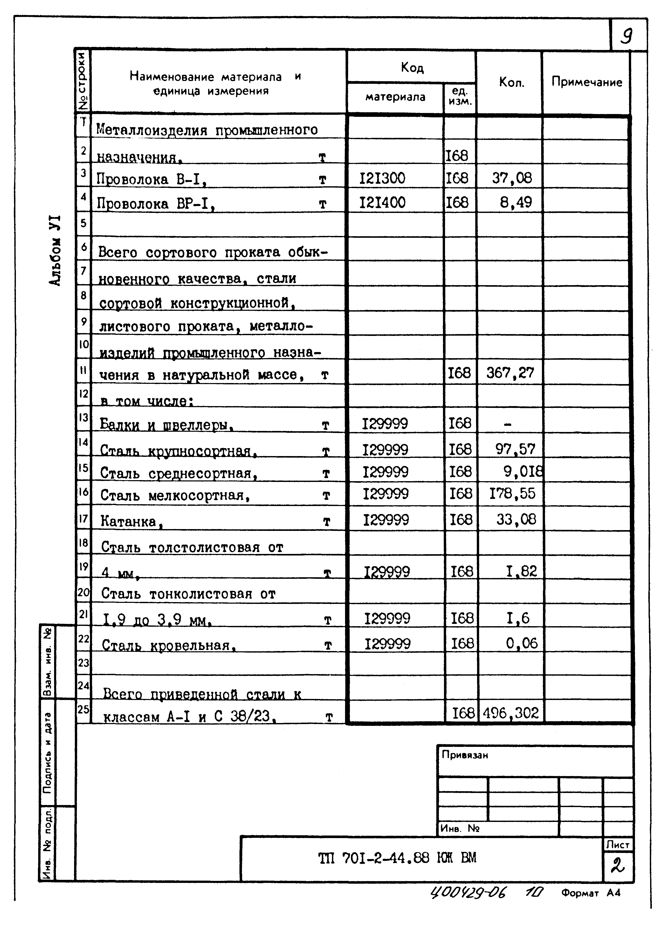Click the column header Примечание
point(587,82)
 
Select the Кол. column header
point(511,82)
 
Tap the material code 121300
point(382,178)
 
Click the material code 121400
point(382,202)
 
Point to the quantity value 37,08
point(512,178)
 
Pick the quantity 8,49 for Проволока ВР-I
point(516,202)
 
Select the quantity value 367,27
point(510,373)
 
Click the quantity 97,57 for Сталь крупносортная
point(515,449)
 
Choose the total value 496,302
point(511,713)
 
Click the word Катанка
point(129,521)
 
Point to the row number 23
point(83,663)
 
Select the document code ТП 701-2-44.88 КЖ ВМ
point(397,858)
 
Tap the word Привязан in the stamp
point(465,755)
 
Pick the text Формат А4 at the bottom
point(591,893)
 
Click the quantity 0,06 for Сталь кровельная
point(521,643)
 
